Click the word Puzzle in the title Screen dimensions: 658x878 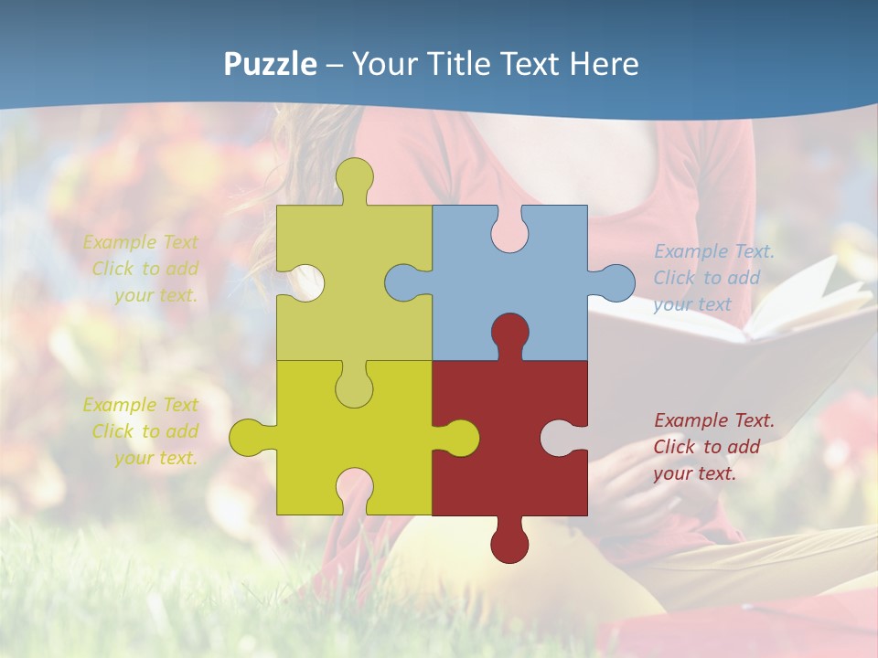(271, 64)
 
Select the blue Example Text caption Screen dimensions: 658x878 (713, 278)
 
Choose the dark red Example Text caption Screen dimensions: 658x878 (713, 447)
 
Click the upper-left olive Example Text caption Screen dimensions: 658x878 (142, 269)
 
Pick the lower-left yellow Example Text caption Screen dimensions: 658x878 (142, 431)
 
